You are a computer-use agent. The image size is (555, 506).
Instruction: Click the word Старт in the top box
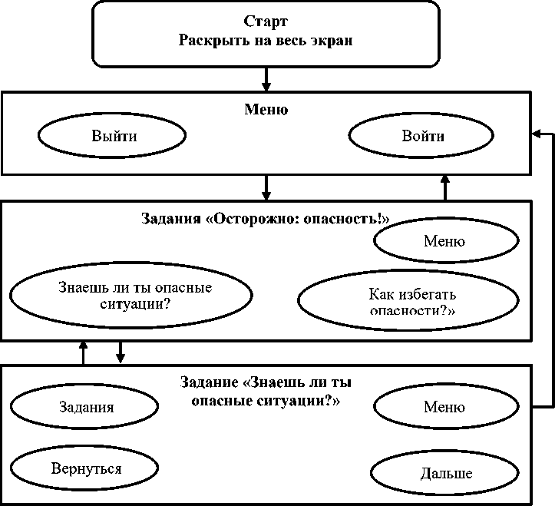266,21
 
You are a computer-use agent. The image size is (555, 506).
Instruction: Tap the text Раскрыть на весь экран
266,41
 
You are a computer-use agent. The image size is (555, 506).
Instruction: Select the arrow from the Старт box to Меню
266,78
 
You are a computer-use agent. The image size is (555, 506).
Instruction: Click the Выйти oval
112,137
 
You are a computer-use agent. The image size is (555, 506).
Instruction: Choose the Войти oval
423,137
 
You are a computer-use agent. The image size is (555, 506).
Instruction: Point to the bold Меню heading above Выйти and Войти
266,110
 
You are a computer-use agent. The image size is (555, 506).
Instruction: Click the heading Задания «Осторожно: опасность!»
266,218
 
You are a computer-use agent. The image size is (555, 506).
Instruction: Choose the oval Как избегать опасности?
412,301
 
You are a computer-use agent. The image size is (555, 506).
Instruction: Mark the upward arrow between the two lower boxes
84,352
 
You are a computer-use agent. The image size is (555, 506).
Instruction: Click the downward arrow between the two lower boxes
120,352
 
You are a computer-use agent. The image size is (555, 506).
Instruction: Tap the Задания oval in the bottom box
86,407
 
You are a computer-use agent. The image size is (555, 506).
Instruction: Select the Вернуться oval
86,468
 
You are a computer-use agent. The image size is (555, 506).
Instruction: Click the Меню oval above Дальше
444,407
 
